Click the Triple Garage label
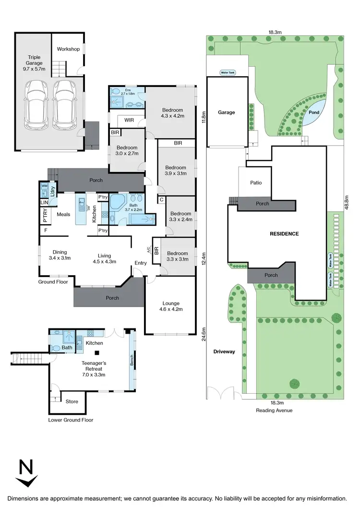point(35,62)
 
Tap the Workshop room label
point(68,49)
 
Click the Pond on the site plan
point(314,112)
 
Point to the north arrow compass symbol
point(26,473)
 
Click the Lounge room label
point(171,303)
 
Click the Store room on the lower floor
point(72,401)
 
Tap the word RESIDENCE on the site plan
point(284,234)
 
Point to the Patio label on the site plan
point(255,182)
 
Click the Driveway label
point(224,351)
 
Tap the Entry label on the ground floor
point(141,263)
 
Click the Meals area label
point(64,215)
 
